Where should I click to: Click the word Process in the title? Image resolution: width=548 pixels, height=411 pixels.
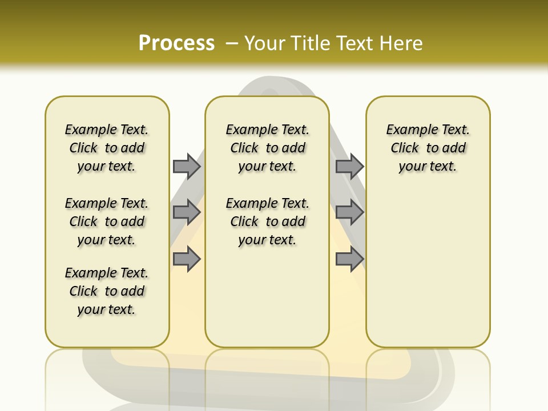tap(176, 43)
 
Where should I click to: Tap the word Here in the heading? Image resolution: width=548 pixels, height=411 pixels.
tap(402, 43)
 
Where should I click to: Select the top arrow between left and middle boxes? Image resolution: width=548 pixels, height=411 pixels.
tap(187, 166)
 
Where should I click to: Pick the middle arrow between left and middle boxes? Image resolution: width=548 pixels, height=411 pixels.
tap(187, 212)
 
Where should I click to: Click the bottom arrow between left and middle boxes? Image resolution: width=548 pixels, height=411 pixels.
tap(187, 259)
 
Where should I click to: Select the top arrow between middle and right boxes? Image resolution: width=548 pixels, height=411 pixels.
tap(349, 166)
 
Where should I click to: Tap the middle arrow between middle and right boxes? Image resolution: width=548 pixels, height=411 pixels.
tap(349, 212)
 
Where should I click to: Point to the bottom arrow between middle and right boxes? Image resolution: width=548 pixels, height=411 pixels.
tap(349, 259)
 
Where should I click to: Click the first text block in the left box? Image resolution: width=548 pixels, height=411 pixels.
tap(107, 148)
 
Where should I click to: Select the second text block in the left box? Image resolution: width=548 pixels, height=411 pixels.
tap(107, 221)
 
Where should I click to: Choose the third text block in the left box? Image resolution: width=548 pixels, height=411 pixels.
tap(107, 291)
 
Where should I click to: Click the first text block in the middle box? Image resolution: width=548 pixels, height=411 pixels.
tap(267, 148)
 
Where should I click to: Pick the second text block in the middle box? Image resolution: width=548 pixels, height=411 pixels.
tap(267, 221)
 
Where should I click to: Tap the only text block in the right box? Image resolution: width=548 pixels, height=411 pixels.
tap(428, 148)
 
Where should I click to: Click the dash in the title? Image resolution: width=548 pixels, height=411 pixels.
tap(232, 43)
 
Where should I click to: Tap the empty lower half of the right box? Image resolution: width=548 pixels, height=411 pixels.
tap(428, 274)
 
